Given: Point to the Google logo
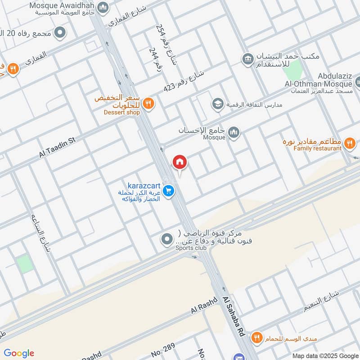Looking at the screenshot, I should click(19, 353).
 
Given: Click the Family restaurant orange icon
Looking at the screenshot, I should click(349, 144).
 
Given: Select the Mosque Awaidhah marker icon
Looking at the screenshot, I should click(103, 7).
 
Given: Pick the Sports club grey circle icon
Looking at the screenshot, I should click(167, 238).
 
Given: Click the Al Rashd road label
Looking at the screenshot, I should click(204, 306).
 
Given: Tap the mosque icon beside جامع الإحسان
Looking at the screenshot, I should click(234, 132).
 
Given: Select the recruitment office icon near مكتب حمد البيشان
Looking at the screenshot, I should click(247, 58).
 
